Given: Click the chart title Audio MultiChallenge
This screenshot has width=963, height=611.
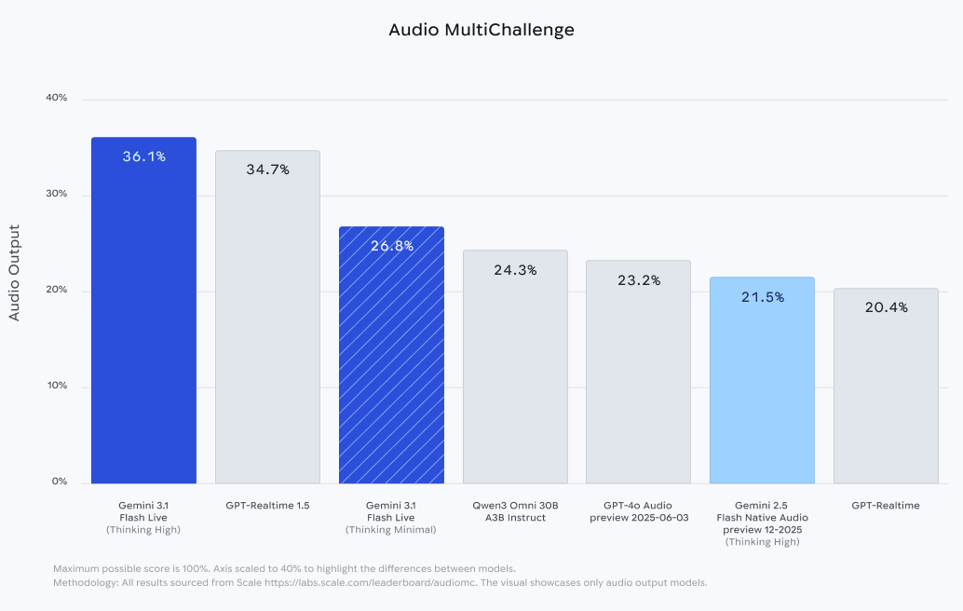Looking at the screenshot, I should click(481, 30).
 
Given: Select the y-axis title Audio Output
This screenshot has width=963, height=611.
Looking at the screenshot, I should click(14, 273).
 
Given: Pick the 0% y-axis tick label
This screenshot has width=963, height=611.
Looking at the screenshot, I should click(59, 482).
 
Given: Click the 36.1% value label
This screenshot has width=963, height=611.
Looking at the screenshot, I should click(143, 156).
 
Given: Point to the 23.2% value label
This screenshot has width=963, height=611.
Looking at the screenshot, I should click(638, 279).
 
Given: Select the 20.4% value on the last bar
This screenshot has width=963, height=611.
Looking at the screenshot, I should click(886, 307).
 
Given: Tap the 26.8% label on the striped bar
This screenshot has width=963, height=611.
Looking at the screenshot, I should click(391, 246).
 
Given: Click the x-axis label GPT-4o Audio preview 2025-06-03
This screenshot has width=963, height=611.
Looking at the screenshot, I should click(638, 511).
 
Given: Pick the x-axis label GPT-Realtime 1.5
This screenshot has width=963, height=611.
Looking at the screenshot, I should click(267, 506).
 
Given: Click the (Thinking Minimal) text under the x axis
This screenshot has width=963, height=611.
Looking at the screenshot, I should click(391, 530).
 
